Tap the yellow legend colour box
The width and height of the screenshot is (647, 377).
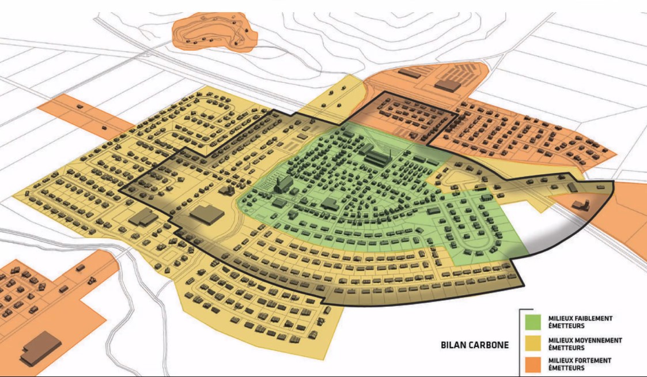tap(534, 344)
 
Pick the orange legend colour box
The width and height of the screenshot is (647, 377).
tap(534, 364)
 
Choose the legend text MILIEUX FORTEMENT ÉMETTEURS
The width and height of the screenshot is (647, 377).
tap(580, 364)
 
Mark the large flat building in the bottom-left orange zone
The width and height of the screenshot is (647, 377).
tap(41, 349)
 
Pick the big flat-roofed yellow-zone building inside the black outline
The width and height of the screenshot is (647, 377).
tap(207, 216)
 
